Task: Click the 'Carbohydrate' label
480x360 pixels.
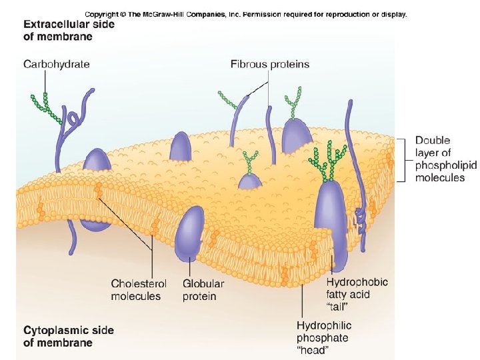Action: pyautogui.click(x=57, y=65)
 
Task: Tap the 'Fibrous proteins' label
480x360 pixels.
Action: pyautogui.click(x=270, y=65)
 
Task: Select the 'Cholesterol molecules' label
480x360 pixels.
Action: pyautogui.click(x=135, y=290)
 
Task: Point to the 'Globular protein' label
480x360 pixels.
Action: pyautogui.click(x=203, y=290)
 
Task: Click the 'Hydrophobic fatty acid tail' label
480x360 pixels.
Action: pyautogui.click(x=357, y=294)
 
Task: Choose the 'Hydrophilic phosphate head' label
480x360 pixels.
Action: pyautogui.click(x=324, y=338)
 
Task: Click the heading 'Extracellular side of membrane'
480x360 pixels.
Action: pyautogui.click(x=69, y=30)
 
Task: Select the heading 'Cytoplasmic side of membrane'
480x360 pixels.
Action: pyautogui.click(x=69, y=336)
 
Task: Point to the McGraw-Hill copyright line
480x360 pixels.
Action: pyautogui.click(x=245, y=14)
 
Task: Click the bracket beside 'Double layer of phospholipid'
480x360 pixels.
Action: pyautogui.click(x=402, y=159)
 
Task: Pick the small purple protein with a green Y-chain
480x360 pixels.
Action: pyautogui.click(x=251, y=180)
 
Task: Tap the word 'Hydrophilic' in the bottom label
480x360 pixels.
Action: pyautogui.click(x=324, y=326)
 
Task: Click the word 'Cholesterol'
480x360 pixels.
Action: pyautogui.click(x=135, y=284)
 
